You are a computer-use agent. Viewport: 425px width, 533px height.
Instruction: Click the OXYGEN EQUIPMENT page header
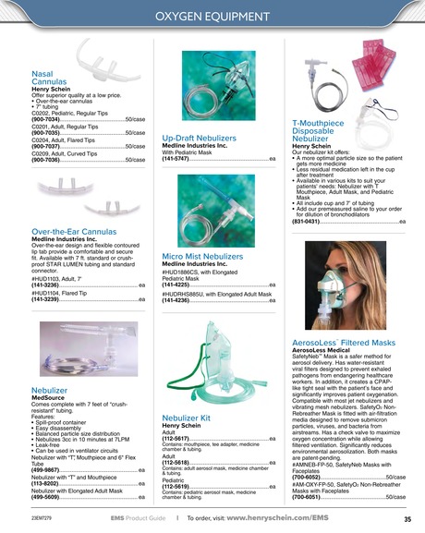tap(212, 17)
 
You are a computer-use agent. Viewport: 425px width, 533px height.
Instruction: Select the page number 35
tap(407, 519)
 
